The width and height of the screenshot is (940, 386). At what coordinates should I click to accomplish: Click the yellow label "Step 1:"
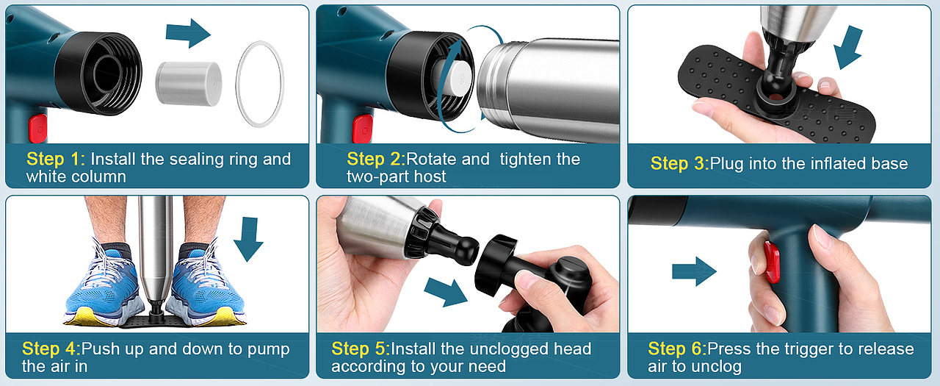[x=56, y=160]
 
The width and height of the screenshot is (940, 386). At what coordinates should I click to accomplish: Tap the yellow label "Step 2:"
[x=376, y=160]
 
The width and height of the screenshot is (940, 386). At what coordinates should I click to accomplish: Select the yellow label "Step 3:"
[x=679, y=163]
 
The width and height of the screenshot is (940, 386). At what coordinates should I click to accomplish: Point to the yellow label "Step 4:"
[x=51, y=349]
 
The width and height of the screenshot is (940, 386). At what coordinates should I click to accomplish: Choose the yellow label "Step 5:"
[x=361, y=349]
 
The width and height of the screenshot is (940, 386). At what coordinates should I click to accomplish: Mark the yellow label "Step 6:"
[x=677, y=349]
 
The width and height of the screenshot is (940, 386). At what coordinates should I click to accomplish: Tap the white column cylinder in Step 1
[x=189, y=84]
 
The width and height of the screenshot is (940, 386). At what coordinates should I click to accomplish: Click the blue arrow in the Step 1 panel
[x=188, y=33]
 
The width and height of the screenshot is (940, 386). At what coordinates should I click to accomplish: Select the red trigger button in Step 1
[x=37, y=129]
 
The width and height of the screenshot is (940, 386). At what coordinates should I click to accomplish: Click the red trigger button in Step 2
[x=363, y=129]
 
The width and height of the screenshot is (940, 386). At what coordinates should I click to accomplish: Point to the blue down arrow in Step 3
[x=849, y=48]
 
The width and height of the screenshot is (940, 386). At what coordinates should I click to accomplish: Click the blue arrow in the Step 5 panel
[x=446, y=291]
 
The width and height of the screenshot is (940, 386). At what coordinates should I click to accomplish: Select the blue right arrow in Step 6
[x=694, y=271]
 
